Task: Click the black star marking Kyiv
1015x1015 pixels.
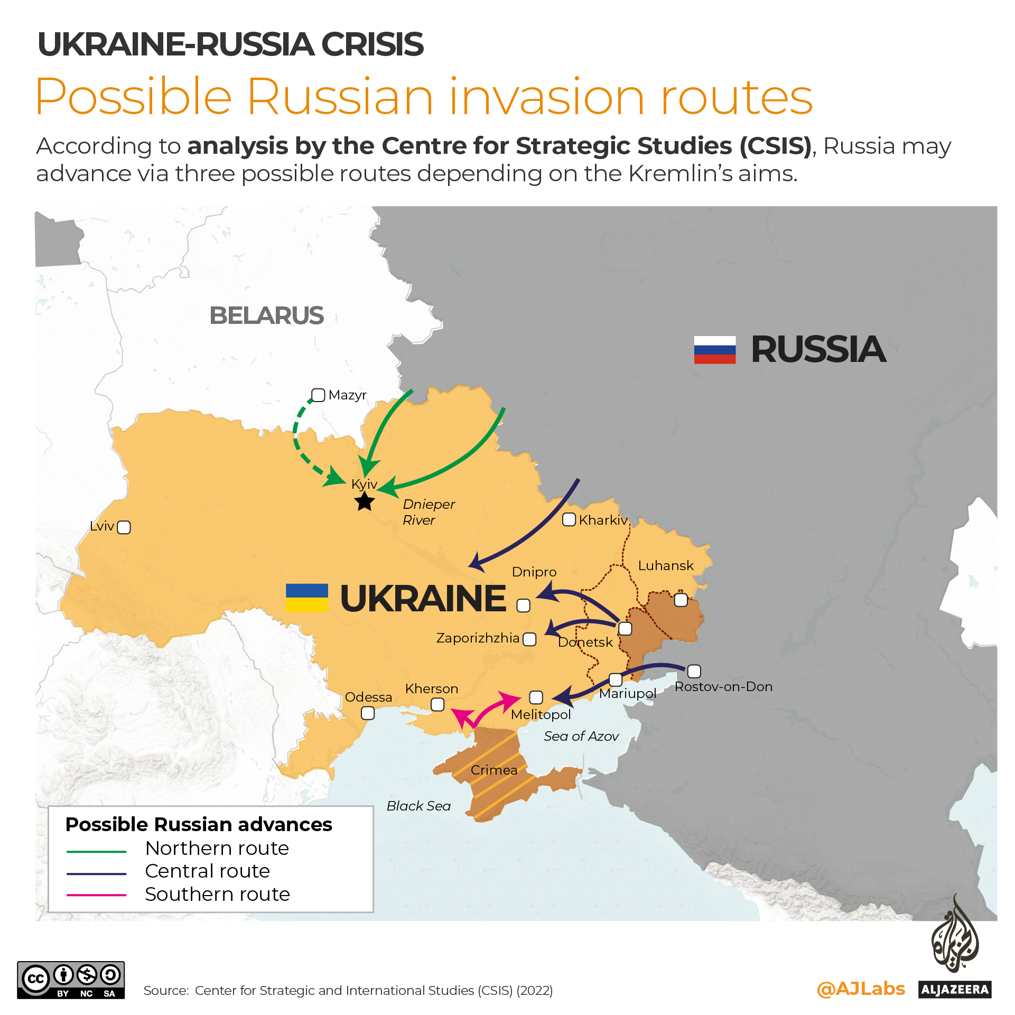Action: (365, 501)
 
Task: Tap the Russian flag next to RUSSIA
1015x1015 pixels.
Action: (714, 350)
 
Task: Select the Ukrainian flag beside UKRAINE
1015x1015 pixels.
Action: (306, 598)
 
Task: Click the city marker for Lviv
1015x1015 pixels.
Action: (124, 527)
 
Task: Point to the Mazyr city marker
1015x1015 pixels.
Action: (318, 395)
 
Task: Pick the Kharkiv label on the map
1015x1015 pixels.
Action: (603, 520)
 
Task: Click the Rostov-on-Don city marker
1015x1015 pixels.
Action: (694, 671)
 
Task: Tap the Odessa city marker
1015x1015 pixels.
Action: (368, 713)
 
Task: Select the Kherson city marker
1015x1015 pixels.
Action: (437, 704)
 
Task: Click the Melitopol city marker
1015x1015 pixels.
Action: (536, 697)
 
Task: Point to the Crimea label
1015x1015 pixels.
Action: (493, 770)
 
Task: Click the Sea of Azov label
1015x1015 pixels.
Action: (581, 736)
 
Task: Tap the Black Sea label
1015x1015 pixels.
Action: (418, 806)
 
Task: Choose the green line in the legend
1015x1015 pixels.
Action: (96, 852)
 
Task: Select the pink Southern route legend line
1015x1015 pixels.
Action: (96, 895)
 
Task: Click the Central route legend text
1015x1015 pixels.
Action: (207, 871)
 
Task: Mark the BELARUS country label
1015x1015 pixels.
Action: (266, 315)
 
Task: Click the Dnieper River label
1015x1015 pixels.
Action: (428, 512)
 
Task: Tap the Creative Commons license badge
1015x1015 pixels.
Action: (71, 980)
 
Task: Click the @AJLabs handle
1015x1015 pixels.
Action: (861, 989)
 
